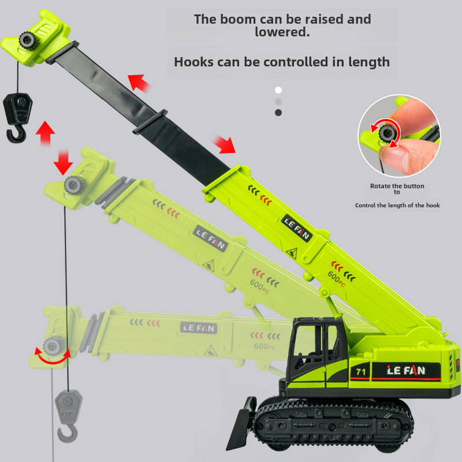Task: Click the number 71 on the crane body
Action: click(360, 372)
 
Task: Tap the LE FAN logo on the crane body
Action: click(406, 370)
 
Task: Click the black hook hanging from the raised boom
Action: click(17, 118)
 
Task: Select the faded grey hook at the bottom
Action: click(68, 416)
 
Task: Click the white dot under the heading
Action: click(278, 90)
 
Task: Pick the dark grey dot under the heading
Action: click(278, 113)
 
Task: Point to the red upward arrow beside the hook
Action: click(46, 133)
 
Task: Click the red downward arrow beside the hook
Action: click(63, 162)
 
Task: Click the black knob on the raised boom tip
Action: click(28, 40)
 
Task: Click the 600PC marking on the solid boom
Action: click(336, 279)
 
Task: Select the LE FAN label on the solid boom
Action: click(297, 229)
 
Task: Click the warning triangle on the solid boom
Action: click(292, 253)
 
